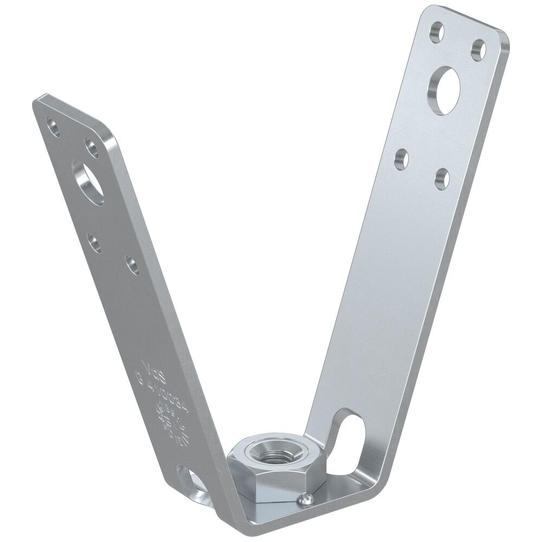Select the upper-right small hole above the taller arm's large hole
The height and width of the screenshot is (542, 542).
click(478, 49)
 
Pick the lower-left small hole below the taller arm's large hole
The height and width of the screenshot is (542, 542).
click(401, 159)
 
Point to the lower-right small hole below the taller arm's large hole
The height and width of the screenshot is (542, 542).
click(442, 178)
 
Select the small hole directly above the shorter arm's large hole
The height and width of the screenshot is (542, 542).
click(89, 147)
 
